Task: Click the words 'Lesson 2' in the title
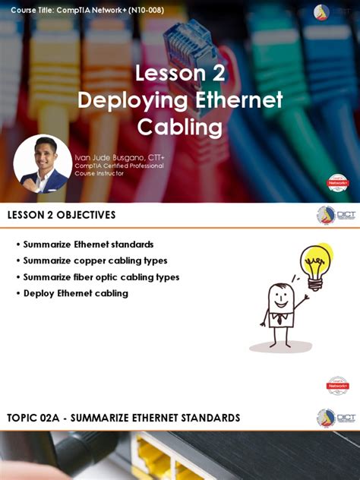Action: (x=180, y=74)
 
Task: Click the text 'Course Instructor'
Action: (x=98, y=173)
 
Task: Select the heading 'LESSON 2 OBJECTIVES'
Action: (x=62, y=215)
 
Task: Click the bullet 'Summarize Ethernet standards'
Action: (x=88, y=245)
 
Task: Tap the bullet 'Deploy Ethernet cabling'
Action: (x=75, y=293)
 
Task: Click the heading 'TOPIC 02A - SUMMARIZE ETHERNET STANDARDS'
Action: (x=124, y=418)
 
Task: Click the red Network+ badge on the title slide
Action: (x=337, y=183)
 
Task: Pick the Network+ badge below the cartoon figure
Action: (x=337, y=385)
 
